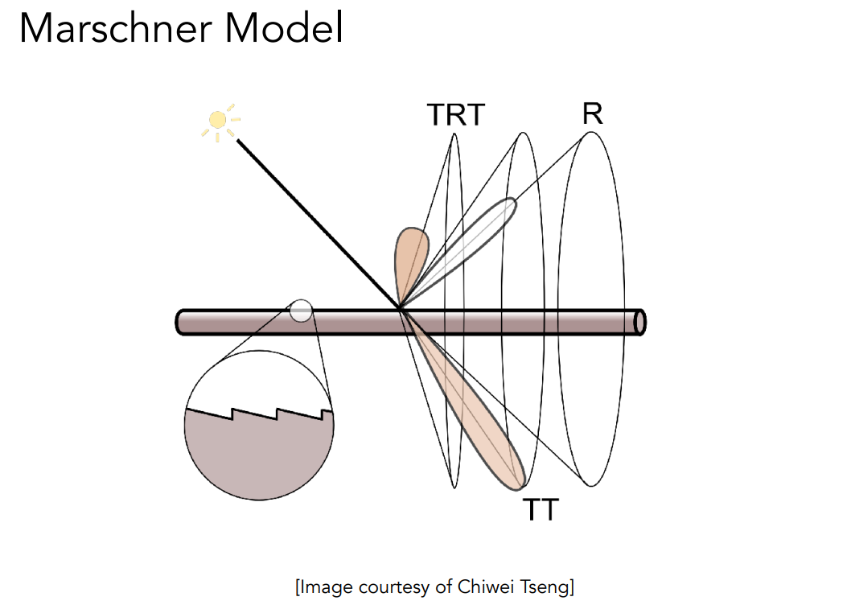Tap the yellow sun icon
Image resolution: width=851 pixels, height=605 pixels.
pyautogui.click(x=218, y=121)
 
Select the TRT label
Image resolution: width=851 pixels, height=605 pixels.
pyautogui.click(x=456, y=116)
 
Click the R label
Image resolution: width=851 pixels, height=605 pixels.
pyautogui.click(x=592, y=113)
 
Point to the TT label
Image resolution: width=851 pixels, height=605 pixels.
pyautogui.click(x=541, y=509)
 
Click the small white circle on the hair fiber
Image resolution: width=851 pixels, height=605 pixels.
pyautogui.click(x=301, y=311)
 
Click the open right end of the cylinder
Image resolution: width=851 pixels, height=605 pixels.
pyautogui.click(x=639, y=322)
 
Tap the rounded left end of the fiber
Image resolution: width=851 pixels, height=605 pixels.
pyautogui.click(x=181, y=322)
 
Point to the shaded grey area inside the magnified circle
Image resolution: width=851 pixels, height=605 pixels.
pyautogui.click(x=259, y=455)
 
